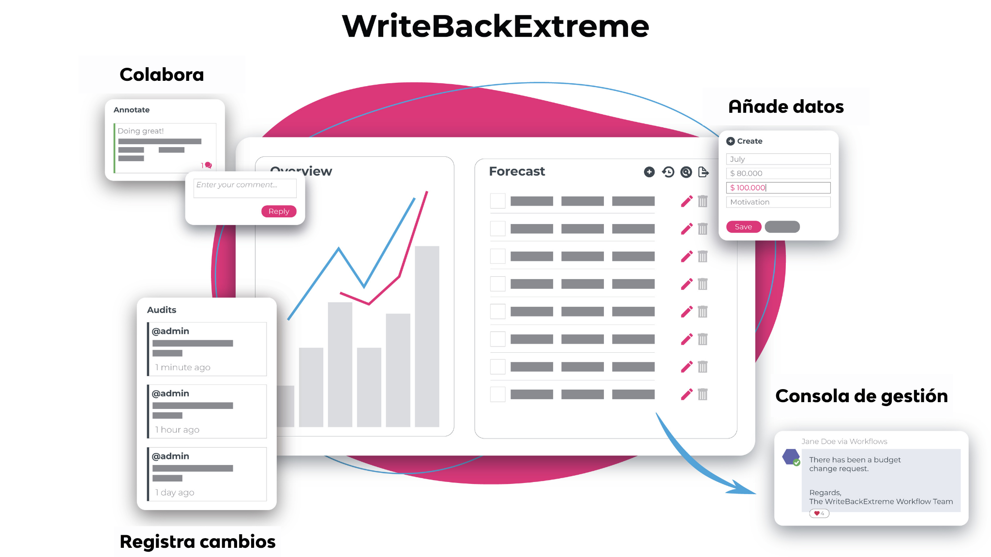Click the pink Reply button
[x=279, y=211]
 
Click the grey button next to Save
[x=782, y=227]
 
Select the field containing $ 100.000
[x=778, y=188]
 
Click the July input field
[x=778, y=159]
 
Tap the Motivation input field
[x=778, y=202]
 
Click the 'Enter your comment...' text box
[x=245, y=188]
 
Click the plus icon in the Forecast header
[x=649, y=172]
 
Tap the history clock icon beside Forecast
[x=668, y=172]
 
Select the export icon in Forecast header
[x=704, y=172]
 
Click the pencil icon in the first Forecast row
[x=687, y=201]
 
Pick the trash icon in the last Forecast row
[x=703, y=394]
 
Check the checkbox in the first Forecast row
[x=497, y=201]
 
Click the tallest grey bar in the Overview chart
[x=427, y=336]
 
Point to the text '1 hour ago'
[x=177, y=430]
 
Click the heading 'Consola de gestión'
[x=861, y=396]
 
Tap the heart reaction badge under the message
[x=819, y=513]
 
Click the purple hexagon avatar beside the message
[x=791, y=457]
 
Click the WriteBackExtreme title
[x=495, y=26]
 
